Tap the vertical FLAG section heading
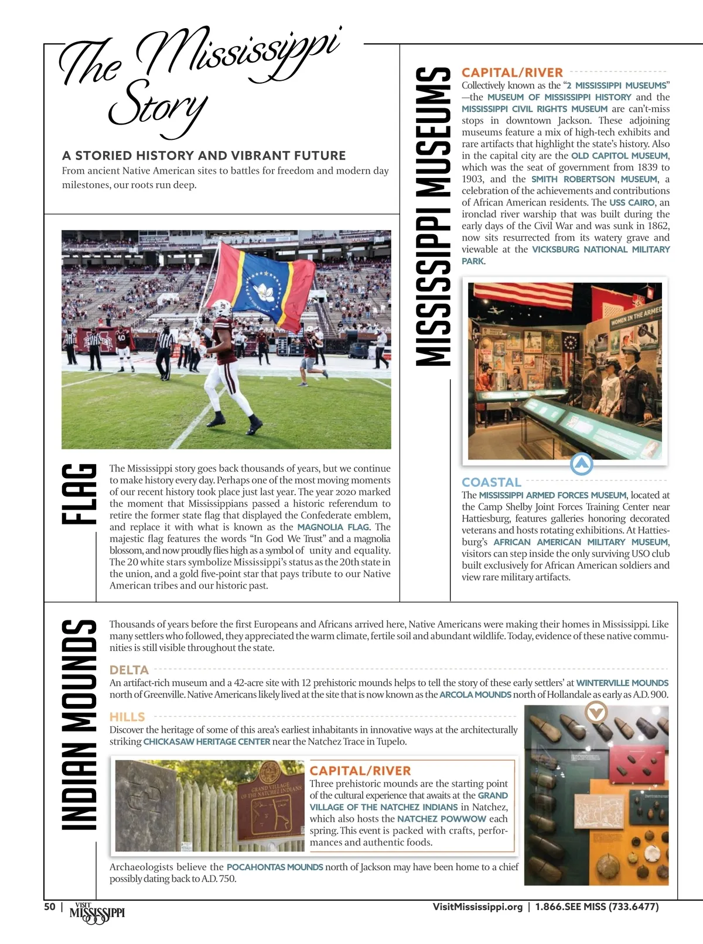click(x=79, y=494)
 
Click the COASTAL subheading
click(x=491, y=482)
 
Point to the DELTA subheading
click(x=129, y=670)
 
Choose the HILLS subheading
click(x=127, y=717)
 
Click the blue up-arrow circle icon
click(x=581, y=464)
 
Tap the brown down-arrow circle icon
click(x=596, y=712)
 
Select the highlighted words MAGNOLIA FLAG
click(x=333, y=527)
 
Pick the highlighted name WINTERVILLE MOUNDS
click(x=622, y=683)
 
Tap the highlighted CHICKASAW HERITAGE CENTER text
click(x=207, y=742)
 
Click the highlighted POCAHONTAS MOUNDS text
click(x=275, y=867)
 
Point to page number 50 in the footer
click(x=50, y=907)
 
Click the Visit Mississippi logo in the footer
click(x=97, y=913)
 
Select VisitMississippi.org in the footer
click(x=477, y=907)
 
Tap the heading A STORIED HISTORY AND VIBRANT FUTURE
click(x=204, y=156)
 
